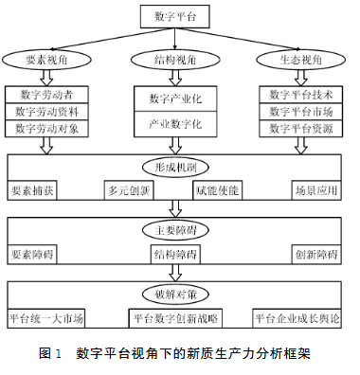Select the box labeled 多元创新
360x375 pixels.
click(131, 190)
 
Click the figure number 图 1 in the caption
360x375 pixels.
click(50, 353)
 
